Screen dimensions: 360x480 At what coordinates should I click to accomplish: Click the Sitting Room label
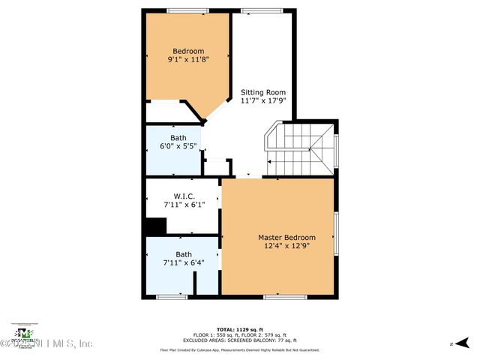[262, 92]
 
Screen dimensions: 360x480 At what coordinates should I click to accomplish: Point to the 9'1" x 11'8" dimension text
[188, 59]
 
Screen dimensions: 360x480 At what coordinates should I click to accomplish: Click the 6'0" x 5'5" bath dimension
[178, 146]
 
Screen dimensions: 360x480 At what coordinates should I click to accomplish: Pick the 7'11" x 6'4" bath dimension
[184, 262]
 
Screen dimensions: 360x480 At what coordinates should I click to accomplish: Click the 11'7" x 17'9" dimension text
[262, 101]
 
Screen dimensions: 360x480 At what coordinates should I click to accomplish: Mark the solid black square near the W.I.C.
[155, 226]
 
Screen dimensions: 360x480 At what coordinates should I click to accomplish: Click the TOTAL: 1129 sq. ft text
[239, 330]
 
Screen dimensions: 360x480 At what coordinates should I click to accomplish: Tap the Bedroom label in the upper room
[188, 51]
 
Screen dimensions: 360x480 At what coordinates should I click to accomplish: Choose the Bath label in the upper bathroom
[178, 138]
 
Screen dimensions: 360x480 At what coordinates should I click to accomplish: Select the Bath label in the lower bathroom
[184, 254]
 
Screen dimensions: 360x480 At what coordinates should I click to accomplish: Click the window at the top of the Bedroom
[187, 10]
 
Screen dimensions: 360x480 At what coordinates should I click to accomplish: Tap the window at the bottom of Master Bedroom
[285, 298]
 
